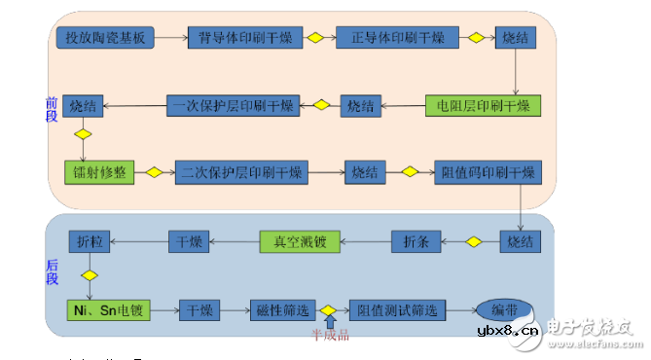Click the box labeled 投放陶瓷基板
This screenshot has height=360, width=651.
pyautogui.click(x=105, y=38)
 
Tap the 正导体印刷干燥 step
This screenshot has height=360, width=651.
pyautogui.click(x=390, y=38)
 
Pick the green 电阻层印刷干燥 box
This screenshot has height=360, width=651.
pyautogui.click(x=482, y=106)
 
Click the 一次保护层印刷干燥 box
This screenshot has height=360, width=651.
pyautogui.click(x=231, y=106)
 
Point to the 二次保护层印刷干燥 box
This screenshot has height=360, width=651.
pyautogui.click(x=240, y=172)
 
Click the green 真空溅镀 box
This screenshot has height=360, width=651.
pyautogui.click(x=300, y=241)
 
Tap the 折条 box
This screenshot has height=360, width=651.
pyautogui.click(x=417, y=241)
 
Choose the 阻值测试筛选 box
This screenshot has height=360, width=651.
pyautogui.click(x=397, y=310)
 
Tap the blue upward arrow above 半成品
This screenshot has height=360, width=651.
pyautogui.click(x=329, y=325)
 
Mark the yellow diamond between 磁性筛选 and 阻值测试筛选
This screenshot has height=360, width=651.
pyautogui.click(x=329, y=310)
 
